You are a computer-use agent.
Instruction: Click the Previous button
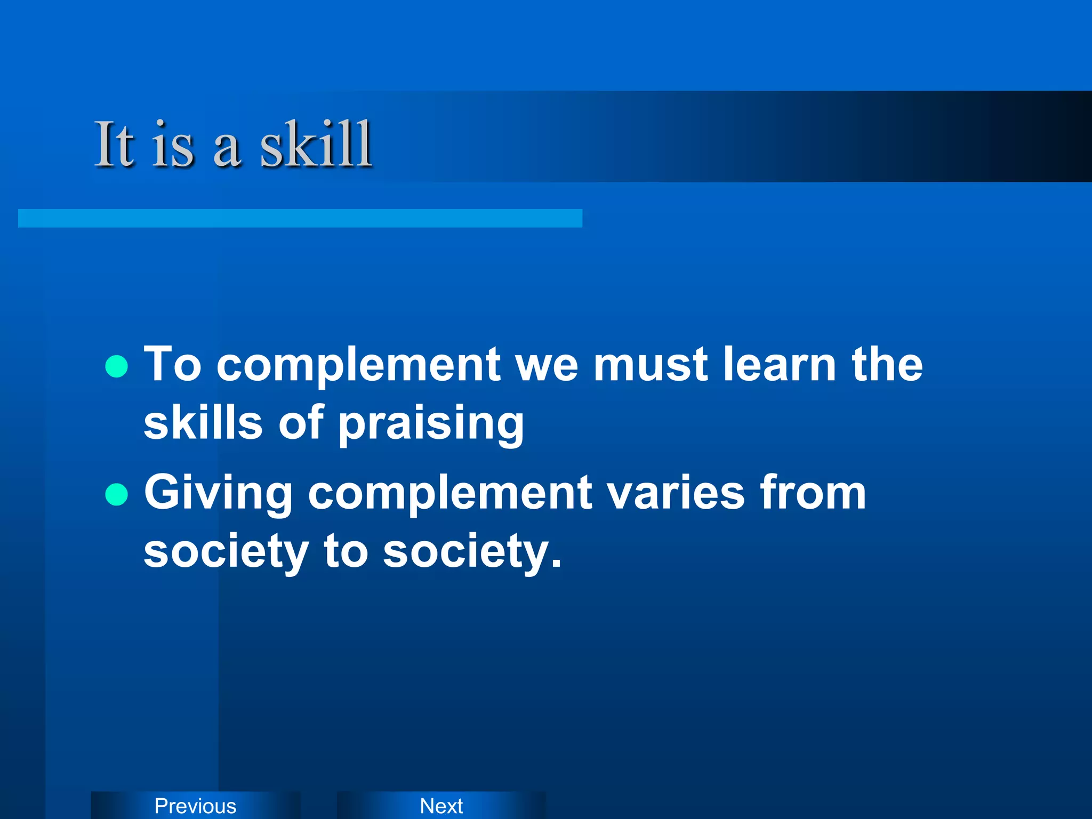pos(195,806)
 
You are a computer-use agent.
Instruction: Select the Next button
pos(441,806)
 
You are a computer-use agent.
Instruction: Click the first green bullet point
pos(117,366)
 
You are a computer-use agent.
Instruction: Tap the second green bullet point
pos(117,494)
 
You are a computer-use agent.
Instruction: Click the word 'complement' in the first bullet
pos(358,366)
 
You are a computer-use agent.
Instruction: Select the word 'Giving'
pos(218,494)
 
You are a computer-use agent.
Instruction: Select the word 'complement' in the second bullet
pos(450,494)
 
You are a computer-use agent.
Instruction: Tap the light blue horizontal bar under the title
pos(300,218)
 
